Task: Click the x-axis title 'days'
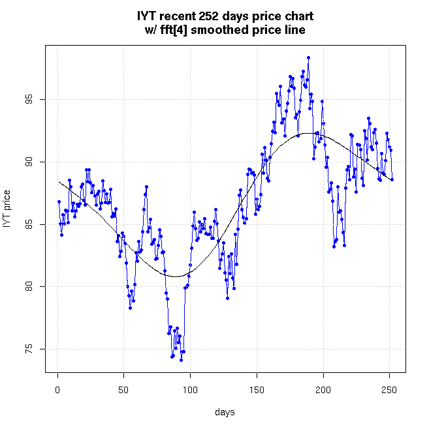[x=225, y=412]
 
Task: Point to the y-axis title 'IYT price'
[x=7, y=209]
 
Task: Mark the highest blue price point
[x=308, y=57]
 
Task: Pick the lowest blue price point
[x=181, y=360]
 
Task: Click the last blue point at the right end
[x=392, y=179]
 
